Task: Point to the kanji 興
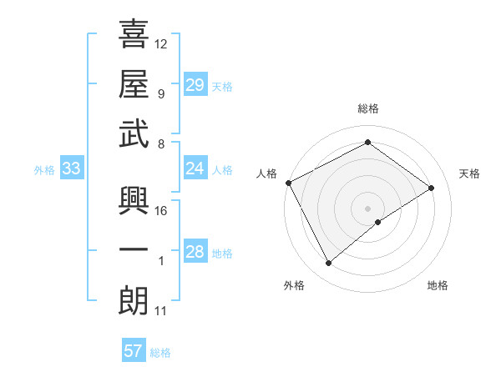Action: click(x=134, y=200)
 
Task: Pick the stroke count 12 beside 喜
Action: click(x=161, y=43)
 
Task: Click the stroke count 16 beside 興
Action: click(x=161, y=211)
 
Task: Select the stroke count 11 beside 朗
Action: click(x=161, y=312)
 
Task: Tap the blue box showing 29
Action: click(x=195, y=84)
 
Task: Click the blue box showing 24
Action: click(x=195, y=168)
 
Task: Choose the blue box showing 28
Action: click(x=195, y=252)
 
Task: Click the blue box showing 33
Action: click(x=72, y=168)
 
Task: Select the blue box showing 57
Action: click(x=134, y=351)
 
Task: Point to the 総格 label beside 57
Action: click(x=160, y=353)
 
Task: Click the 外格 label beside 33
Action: click(x=44, y=170)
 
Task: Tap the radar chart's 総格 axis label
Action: click(x=367, y=108)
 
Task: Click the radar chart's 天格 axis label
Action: click(x=470, y=173)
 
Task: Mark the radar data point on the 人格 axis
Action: click(x=288, y=182)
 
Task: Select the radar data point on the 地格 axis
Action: click(x=378, y=222)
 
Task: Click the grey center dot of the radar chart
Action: click(x=367, y=207)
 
